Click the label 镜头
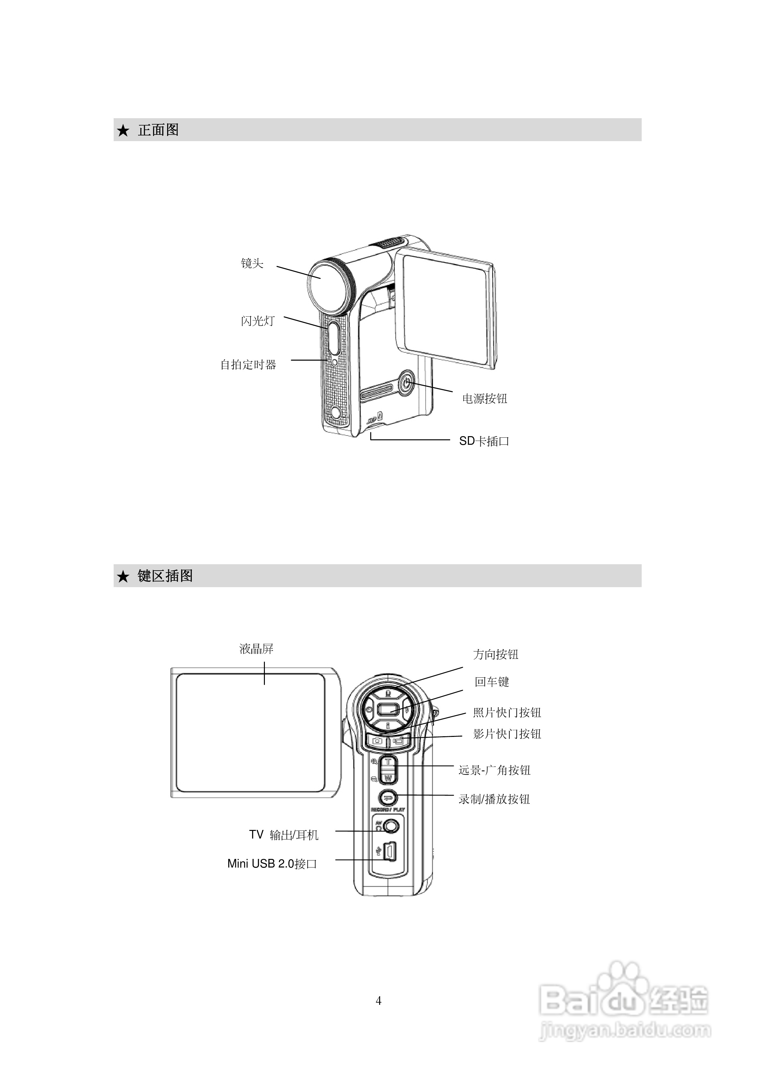(x=252, y=263)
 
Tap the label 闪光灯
(x=258, y=321)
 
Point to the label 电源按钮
(x=485, y=399)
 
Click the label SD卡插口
(x=484, y=441)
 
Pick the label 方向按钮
(x=496, y=654)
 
